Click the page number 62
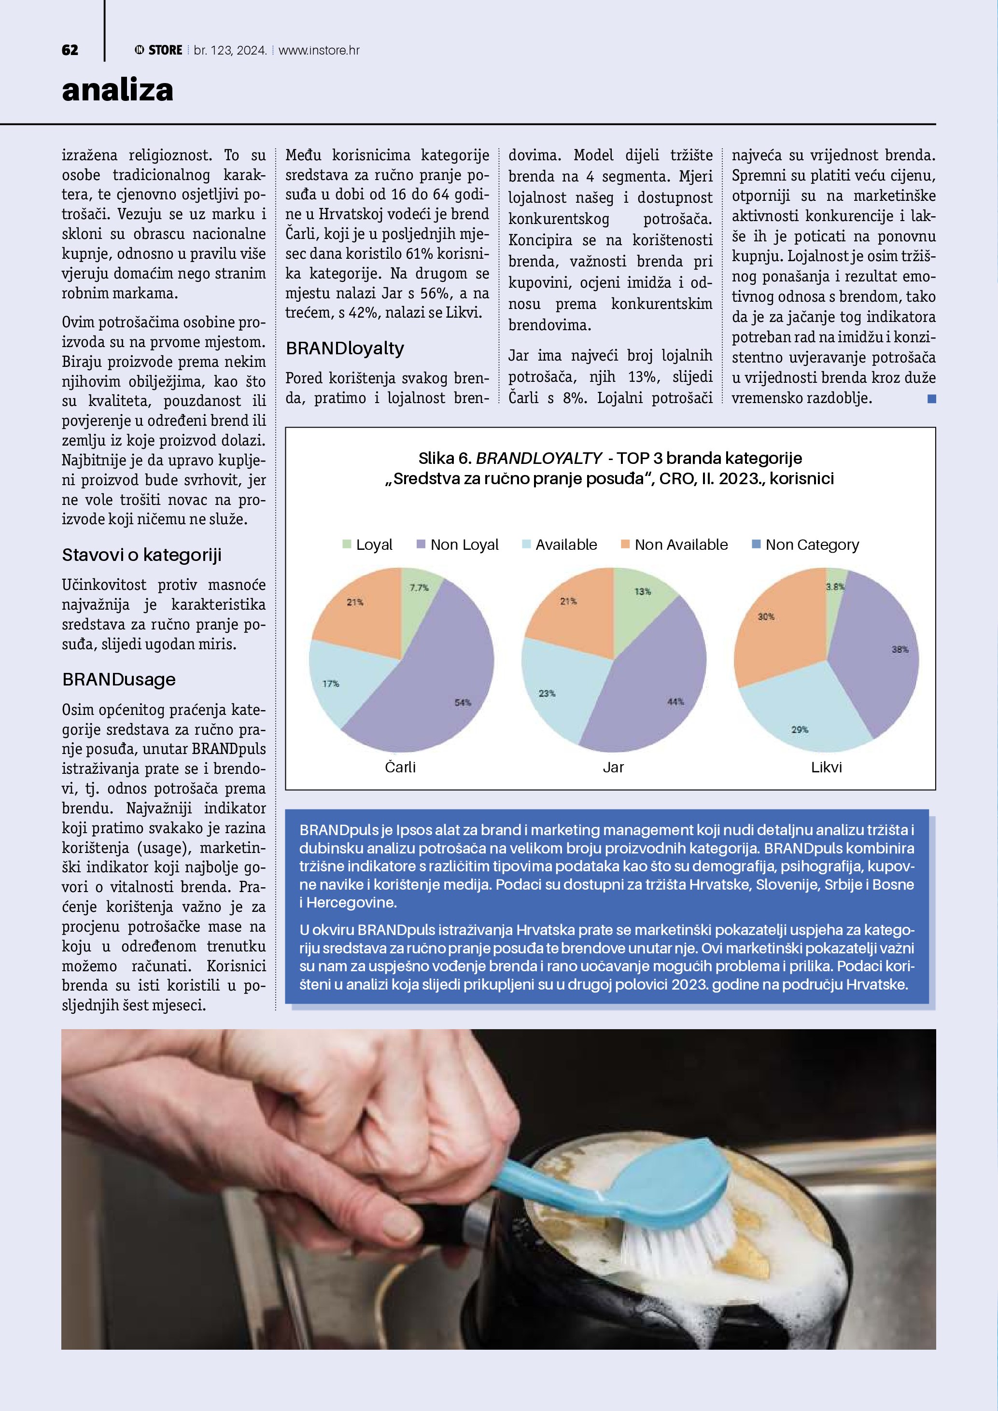click(x=70, y=50)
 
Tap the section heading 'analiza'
click(x=117, y=90)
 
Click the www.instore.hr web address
click(x=319, y=50)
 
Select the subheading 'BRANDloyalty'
click(x=345, y=349)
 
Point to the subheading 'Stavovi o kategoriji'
click(x=141, y=555)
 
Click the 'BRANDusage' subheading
click(x=119, y=679)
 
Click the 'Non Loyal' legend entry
click(x=458, y=545)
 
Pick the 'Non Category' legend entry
click(x=806, y=545)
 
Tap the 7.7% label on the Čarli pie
click(x=419, y=587)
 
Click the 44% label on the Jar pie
click(x=675, y=702)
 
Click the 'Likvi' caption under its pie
click(x=827, y=767)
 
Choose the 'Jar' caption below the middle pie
click(x=613, y=767)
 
